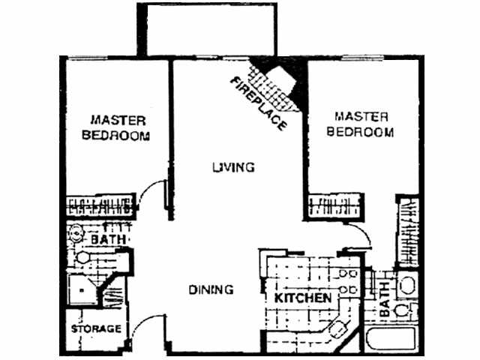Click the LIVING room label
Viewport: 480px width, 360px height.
(232, 166)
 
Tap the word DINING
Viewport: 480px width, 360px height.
(210, 289)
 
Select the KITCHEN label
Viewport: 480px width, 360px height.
(302, 298)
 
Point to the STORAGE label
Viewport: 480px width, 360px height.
(97, 329)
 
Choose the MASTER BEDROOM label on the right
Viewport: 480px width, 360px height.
(362, 124)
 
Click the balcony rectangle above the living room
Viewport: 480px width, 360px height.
(206, 28)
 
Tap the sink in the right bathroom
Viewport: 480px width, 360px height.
(406, 286)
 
